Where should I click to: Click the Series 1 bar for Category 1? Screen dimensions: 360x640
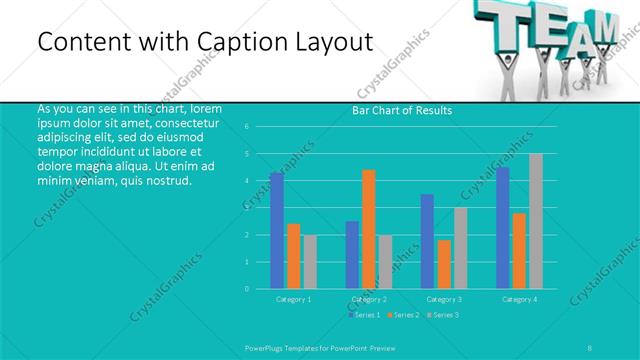(x=277, y=231)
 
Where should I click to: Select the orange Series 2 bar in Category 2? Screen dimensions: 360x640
(x=369, y=229)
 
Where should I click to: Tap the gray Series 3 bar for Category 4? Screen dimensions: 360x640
(x=536, y=221)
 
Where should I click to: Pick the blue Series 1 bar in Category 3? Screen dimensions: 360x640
(x=428, y=241)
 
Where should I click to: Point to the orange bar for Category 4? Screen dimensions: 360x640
(x=519, y=251)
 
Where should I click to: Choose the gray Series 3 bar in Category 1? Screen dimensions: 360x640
(x=310, y=262)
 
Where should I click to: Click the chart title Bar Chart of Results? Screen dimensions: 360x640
(x=402, y=110)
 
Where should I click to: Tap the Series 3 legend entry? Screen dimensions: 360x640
(x=443, y=315)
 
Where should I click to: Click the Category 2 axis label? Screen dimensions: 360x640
(x=369, y=299)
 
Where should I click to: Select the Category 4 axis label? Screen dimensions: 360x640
(x=519, y=299)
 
